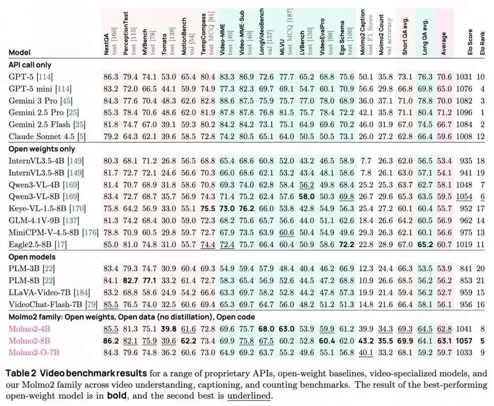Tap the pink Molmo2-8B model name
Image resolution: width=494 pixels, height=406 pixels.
click(x=29, y=341)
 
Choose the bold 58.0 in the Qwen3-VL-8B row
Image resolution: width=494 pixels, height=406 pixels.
click(x=307, y=197)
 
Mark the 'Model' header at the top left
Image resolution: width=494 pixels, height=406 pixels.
click(x=19, y=53)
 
